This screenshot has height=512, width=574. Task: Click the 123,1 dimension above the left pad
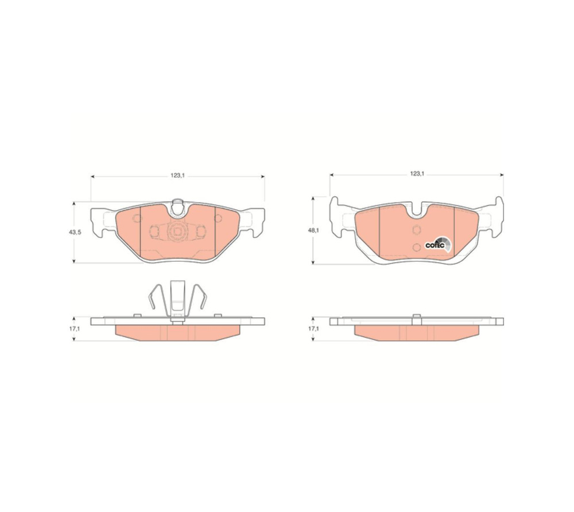pos(177,175)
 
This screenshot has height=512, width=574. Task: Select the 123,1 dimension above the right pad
pos(417,174)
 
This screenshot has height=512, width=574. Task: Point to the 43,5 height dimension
pos(75,232)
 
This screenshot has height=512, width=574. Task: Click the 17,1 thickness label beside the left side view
pos(74,329)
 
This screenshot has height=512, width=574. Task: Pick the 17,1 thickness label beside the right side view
pos(313,329)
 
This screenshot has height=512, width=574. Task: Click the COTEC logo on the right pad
pos(438,245)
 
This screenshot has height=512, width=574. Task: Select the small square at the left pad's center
pos(177,232)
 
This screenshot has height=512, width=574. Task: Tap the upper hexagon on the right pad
pos(416,230)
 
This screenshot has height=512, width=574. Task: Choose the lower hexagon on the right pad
pos(416,247)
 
